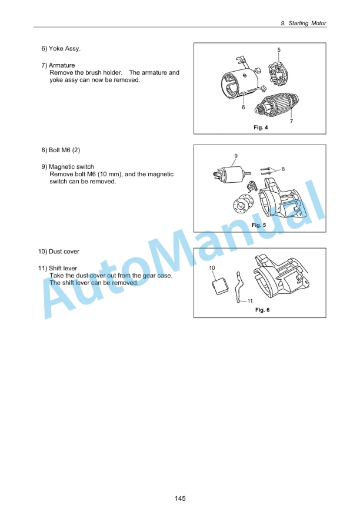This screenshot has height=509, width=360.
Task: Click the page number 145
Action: tap(180, 498)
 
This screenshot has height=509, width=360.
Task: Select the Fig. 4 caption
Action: tap(261, 127)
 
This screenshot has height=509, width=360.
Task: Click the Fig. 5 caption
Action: tap(259, 225)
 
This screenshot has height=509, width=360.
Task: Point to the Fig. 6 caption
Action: tap(262, 310)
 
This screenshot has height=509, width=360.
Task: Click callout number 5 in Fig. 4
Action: tap(279, 50)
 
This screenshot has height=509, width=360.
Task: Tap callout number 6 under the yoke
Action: tap(243, 107)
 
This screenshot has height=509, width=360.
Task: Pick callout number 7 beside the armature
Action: tap(291, 121)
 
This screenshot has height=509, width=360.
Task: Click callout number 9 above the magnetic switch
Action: tap(236, 156)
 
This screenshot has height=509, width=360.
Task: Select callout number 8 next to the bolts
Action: tap(283, 169)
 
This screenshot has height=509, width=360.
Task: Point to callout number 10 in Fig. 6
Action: tap(212, 268)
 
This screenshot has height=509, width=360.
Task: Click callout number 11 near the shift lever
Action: tap(250, 301)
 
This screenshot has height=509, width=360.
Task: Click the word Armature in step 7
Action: tap(62, 65)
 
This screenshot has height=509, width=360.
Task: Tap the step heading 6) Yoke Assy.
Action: tap(61, 49)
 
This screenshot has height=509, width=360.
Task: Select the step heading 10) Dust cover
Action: tap(59, 252)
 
